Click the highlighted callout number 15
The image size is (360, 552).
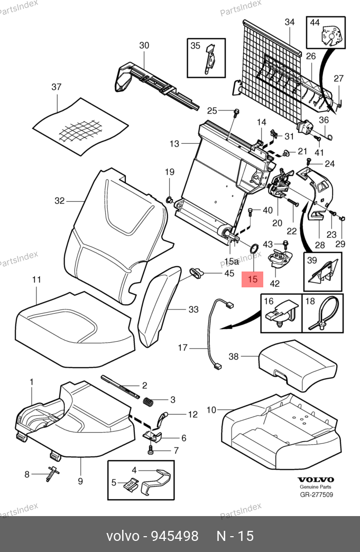[252, 279]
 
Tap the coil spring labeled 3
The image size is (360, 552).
[148, 401]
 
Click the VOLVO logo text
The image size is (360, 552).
[316, 480]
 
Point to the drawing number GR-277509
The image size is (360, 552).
[316, 494]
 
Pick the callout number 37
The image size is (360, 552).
[57, 87]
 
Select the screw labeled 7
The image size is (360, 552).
[151, 450]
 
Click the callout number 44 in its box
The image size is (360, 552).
[315, 23]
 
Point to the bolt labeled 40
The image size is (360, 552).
[251, 212]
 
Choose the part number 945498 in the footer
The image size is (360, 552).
[175, 536]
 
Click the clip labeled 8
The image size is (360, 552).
[52, 473]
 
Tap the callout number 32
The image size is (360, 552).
[60, 201]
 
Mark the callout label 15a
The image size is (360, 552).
[232, 261]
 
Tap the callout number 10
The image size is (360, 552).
[211, 410]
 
